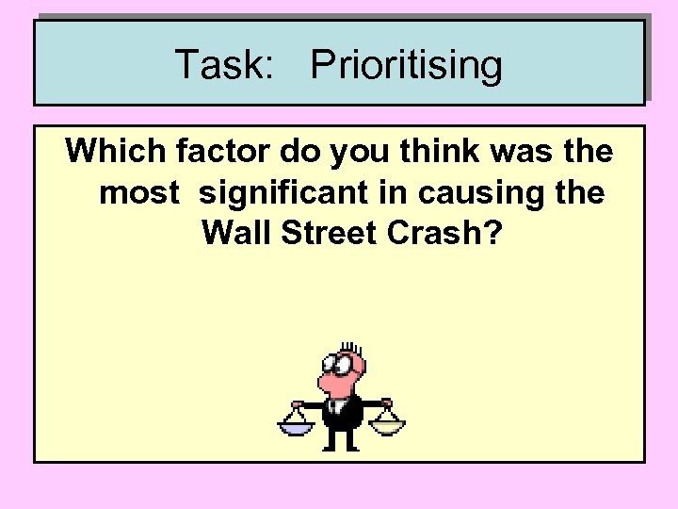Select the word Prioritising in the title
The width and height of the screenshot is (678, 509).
406,67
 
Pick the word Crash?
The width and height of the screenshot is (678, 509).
450,233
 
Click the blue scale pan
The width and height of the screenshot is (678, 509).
296,429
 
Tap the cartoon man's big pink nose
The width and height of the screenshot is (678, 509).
329,383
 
